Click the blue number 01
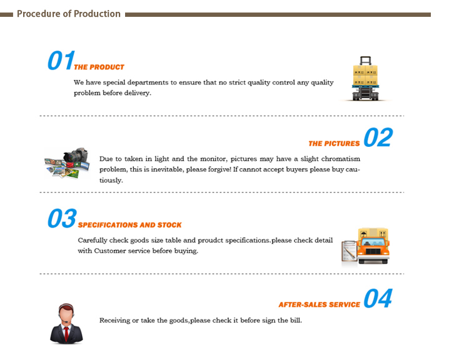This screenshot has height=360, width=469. (x=61, y=61)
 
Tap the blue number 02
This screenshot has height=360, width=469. (x=378, y=137)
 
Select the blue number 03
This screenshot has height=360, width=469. (x=62, y=218)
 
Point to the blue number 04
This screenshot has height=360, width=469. (x=378, y=298)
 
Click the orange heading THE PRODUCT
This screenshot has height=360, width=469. (x=99, y=67)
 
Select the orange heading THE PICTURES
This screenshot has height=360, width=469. (x=334, y=144)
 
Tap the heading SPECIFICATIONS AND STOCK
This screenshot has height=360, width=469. (x=130, y=225)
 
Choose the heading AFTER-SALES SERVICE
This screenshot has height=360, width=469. (x=319, y=304)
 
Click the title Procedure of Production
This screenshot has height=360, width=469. (x=69, y=14)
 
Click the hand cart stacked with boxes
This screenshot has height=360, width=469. (x=365, y=79)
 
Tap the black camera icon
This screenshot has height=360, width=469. (x=76, y=156)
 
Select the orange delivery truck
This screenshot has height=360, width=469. (x=373, y=246)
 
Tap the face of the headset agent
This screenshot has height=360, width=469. (x=66, y=315)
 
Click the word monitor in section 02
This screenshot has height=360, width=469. (x=214, y=159)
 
